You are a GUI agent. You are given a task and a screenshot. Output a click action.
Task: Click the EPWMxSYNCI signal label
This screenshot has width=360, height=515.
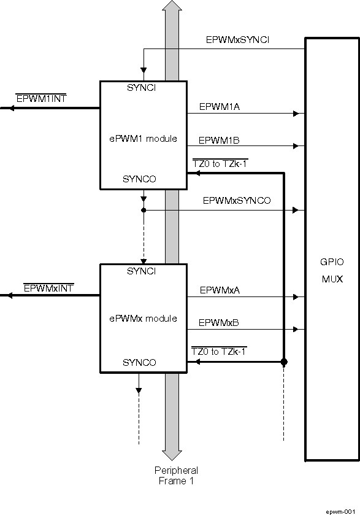[237, 41]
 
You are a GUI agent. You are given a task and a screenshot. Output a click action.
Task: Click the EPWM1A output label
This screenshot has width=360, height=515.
[219, 106]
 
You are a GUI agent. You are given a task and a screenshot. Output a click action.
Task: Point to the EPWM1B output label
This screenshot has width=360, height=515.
[219, 139]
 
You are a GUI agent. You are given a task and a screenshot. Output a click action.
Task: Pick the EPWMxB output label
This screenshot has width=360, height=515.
[219, 322]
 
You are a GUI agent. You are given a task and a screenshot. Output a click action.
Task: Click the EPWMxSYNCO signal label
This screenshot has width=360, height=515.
[237, 201]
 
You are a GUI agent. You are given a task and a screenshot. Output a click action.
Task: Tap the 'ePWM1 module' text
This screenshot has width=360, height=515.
[143, 138]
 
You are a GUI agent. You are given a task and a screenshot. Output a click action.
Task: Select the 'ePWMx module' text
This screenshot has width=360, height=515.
[143, 319]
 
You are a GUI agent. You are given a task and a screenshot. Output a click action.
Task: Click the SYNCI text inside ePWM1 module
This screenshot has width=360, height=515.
[142, 88]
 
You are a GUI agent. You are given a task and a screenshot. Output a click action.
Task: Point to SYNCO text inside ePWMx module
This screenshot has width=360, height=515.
[139, 363]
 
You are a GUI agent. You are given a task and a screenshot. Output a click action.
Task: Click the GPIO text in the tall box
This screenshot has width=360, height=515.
[332, 262]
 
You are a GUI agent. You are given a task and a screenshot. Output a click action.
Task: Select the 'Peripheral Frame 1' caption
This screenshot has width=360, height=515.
[176, 476]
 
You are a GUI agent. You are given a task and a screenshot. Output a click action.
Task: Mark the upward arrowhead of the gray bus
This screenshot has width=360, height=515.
[172, 7]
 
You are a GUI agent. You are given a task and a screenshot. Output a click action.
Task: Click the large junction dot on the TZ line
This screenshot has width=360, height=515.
[284, 362]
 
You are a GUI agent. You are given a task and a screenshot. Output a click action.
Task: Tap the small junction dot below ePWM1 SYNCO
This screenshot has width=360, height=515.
[143, 210]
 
